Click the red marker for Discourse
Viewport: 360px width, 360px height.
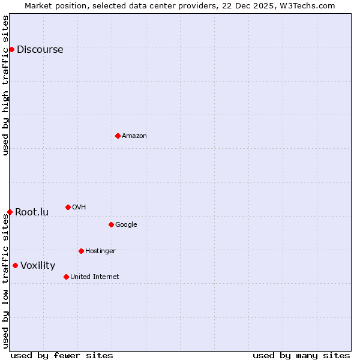[11, 49]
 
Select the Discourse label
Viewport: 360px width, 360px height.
[40, 50]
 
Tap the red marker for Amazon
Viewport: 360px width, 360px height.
[118, 136]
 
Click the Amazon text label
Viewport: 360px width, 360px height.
[134, 136]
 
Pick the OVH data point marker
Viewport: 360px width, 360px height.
[68, 207]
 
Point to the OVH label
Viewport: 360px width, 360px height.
[79, 208]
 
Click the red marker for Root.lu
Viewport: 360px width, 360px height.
[10, 212]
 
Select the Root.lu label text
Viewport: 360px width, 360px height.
[32, 212]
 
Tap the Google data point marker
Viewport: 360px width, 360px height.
[111, 224]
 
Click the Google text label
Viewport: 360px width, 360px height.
[126, 225]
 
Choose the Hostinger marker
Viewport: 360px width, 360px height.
[81, 251]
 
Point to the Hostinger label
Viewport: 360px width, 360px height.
[100, 251]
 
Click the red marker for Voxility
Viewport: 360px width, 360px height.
[15, 265]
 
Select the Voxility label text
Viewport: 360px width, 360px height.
[38, 266]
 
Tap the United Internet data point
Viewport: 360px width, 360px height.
[66, 277]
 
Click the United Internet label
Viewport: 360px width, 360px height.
[94, 277]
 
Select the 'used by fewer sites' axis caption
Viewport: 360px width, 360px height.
[62, 356]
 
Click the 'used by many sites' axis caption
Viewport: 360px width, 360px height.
[301, 356]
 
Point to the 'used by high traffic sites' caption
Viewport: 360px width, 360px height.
[6, 85]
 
